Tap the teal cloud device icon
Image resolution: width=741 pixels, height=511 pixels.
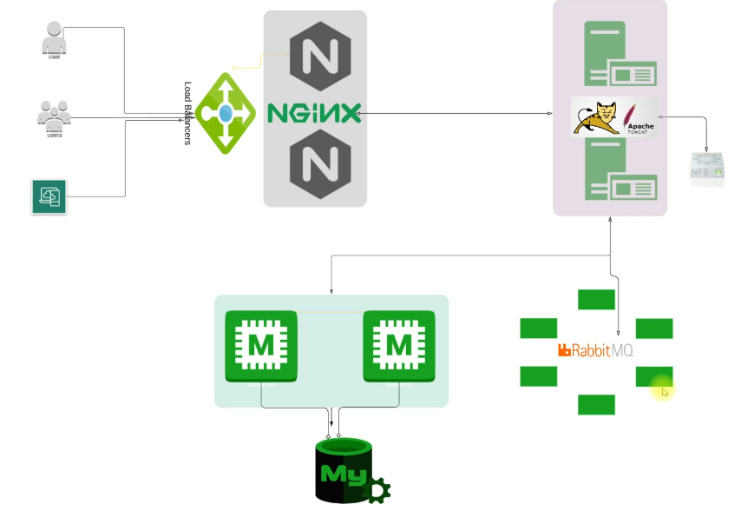pos(49,196)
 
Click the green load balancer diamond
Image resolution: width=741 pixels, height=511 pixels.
pos(225,113)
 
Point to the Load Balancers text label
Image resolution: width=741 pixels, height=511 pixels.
pos(187,113)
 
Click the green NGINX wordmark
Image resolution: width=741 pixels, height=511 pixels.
pos(313,113)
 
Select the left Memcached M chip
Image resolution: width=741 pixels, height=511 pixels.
pos(261,346)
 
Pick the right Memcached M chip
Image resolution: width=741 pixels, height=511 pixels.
pos(398,346)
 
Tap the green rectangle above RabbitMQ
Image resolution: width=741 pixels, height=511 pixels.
pos(596,300)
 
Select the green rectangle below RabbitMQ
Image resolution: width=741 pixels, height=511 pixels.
pos(596,405)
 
